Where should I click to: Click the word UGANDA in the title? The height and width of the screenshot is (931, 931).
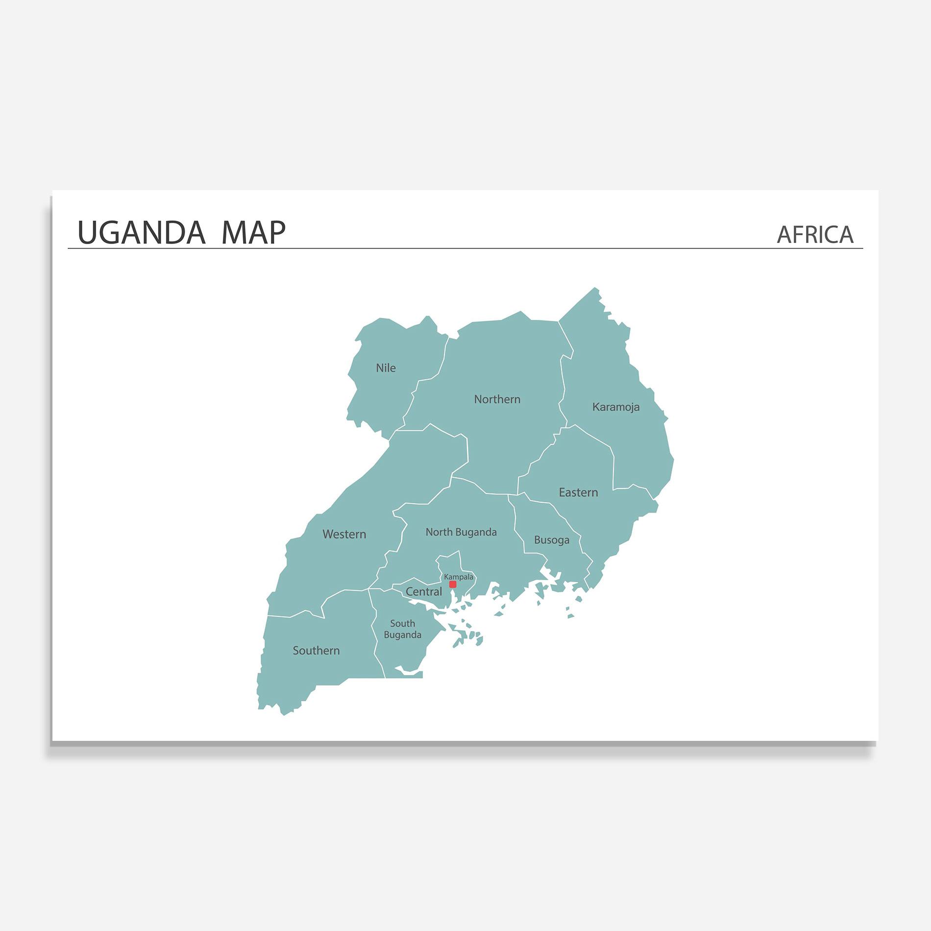(x=141, y=233)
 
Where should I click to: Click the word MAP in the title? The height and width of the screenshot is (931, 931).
(x=253, y=233)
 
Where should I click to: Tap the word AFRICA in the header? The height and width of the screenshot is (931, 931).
(x=815, y=235)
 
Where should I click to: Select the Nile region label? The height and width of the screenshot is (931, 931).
(x=386, y=368)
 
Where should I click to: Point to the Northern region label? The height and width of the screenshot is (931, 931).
(x=497, y=399)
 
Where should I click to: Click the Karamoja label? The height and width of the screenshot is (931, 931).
(x=615, y=407)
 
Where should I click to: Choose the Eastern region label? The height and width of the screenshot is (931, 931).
(x=578, y=492)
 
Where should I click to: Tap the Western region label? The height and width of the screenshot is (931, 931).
(x=344, y=534)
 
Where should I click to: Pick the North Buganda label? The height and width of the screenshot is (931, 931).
(x=461, y=532)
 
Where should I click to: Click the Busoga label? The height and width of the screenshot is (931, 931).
(x=551, y=540)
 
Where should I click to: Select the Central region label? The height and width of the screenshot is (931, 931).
(x=423, y=592)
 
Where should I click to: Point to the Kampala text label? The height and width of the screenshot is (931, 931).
(x=459, y=577)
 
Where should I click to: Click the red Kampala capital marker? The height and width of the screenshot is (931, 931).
(x=453, y=585)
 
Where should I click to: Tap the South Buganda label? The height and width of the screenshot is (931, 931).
(x=402, y=629)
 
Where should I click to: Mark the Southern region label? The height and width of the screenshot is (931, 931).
(x=316, y=651)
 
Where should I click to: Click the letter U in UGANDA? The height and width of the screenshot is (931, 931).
(x=87, y=233)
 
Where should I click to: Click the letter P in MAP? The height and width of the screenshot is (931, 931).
(x=276, y=233)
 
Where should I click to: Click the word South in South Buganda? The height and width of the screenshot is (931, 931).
(x=402, y=623)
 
